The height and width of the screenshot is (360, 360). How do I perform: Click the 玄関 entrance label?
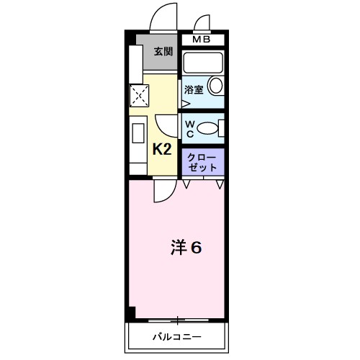coord(163,51)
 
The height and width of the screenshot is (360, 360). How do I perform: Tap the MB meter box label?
coord(202,40)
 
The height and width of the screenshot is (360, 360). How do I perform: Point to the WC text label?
coord(189,128)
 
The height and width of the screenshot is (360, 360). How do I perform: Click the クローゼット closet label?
coord(202,162)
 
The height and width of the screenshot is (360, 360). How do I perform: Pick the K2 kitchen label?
coord(161,150)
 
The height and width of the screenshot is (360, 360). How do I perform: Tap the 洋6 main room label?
coord(186,247)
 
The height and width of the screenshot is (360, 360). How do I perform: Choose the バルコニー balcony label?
coord(176,336)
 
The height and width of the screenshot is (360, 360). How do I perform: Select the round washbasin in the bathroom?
coord(215,87)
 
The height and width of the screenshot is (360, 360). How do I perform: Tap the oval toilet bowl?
coord(207,128)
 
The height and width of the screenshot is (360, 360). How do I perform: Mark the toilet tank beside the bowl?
coord(221,128)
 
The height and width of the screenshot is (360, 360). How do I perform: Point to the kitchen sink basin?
coord(137,133)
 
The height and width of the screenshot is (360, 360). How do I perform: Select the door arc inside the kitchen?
coord(165,123)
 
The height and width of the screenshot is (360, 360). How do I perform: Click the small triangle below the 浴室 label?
coord(185,103)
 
